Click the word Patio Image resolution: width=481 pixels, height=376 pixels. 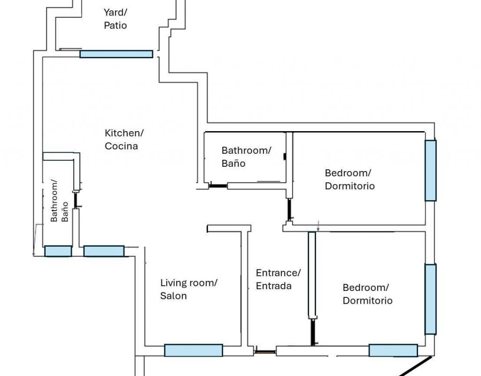point(116,25)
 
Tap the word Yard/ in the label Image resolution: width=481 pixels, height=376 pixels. point(116,13)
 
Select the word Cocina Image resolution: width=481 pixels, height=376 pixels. point(121,146)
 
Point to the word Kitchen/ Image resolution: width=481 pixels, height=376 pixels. point(124,133)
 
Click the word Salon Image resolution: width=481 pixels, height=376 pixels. point(173,296)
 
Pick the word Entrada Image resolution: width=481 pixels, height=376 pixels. point(274,286)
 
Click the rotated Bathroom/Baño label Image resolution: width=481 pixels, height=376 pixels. point(59,201)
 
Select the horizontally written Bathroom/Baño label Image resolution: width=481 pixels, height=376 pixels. point(246,157)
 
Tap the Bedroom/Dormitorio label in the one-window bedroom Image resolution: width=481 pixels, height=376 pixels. point(349,179)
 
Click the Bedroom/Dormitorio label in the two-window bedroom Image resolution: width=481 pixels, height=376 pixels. point(367,294)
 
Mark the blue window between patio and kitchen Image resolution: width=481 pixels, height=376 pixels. point(116,54)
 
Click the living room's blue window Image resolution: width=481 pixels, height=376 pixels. point(194,350)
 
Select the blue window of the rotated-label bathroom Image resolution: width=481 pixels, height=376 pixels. point(58,251)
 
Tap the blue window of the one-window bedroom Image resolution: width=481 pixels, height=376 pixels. point(431,170)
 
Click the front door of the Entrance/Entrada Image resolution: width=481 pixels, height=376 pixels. point(265,352)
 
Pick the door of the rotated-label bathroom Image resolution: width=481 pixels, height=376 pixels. point(76,200)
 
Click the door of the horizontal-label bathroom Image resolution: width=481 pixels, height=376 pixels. point(218,186)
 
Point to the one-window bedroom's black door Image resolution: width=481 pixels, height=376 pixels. point(289,210)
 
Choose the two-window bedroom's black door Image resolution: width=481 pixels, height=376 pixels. point(312,332)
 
